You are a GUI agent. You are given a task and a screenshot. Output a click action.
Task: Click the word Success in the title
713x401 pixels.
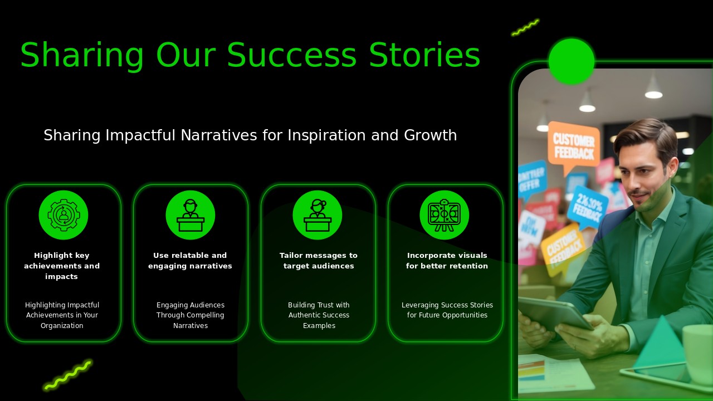click(291, 56)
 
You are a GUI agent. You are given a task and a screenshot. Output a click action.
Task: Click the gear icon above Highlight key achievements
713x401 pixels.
click(64, 215)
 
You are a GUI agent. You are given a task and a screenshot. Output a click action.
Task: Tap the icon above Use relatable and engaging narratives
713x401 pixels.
click(191, 215)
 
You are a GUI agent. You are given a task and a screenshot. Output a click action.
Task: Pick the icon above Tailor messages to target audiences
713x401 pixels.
click(318, 215)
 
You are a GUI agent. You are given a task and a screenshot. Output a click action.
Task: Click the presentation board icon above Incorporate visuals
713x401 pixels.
click(445, 215)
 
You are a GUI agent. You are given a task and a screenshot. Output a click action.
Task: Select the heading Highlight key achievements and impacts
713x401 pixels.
click(62, 266)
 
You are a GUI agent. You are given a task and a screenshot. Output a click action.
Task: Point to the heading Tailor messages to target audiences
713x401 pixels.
click(319, 261)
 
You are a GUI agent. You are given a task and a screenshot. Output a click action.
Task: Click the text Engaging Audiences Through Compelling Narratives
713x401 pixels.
click(191, 315)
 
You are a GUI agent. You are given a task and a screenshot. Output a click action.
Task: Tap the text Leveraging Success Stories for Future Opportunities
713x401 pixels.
click(447, 310)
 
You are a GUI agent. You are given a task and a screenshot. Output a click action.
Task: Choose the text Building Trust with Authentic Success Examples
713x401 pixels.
click(319, 315)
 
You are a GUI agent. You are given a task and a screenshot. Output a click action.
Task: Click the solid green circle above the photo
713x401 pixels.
click(572, 61)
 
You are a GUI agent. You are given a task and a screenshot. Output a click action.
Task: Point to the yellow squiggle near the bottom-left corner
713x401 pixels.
click(68, 375)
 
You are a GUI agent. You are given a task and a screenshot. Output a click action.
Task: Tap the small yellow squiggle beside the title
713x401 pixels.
click(525, 27)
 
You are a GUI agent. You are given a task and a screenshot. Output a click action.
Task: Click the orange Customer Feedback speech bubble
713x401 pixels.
click(573, 145)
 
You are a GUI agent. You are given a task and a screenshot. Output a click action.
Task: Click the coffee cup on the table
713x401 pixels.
click(698, 354)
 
